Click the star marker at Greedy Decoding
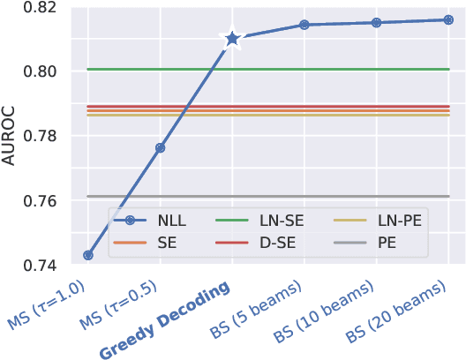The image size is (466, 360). (232, 39)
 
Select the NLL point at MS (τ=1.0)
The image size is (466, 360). (87, 255)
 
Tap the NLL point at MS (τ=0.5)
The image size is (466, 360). (160, 147)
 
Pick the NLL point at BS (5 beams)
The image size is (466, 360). (304, 25)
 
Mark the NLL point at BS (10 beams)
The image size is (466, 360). (376, 22)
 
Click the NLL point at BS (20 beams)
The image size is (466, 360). (448, 19)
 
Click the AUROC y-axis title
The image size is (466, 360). (11, 136)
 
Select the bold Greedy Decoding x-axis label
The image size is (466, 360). (167, 319)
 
